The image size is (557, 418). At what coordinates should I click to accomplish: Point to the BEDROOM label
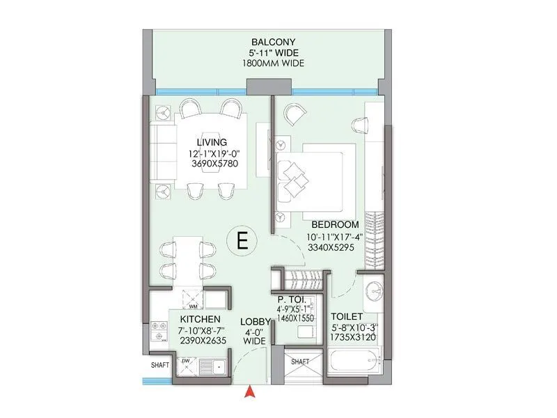[x=335, y=225]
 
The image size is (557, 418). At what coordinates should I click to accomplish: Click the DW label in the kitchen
[x=186, y=360]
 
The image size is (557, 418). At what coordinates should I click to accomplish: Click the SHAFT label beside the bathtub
[x=300, y=362]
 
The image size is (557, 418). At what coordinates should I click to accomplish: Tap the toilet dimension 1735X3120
[x=354, y=335]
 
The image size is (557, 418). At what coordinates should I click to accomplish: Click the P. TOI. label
[x=292, y=301]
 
